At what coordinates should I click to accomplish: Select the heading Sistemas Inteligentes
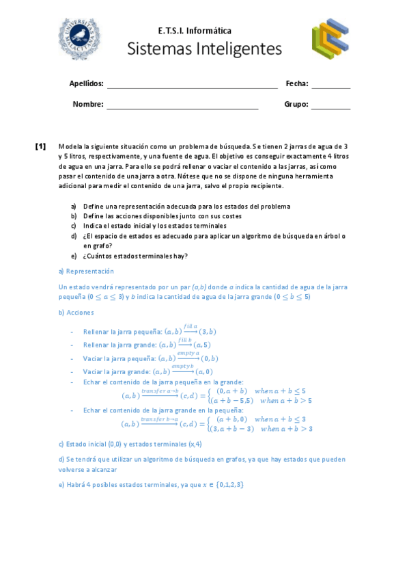[x=204, y=49]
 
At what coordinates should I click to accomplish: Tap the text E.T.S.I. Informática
[x=195, y=31]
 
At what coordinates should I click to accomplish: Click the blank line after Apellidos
[x=192, y=85]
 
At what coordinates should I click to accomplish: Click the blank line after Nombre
[x=182, y=106]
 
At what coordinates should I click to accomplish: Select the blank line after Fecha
[x=330, y=85]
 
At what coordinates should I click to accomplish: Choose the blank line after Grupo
[x=330, y=106]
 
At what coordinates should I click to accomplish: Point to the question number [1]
[x=40, y=146]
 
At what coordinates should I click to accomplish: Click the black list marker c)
[x=74, y=226]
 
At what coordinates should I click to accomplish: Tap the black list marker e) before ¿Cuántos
[x=74, y=256]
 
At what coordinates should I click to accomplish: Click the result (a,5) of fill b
[x=202, y=345]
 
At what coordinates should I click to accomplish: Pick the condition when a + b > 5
[x=286, y=400]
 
